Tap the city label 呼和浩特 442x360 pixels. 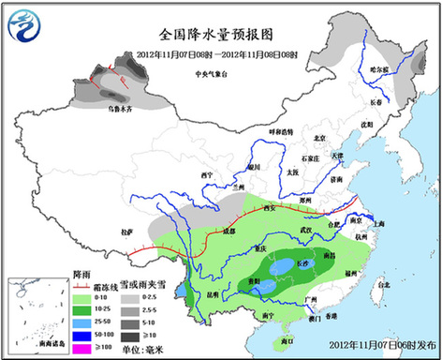[280, 132]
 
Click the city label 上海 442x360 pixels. [378, 224]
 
